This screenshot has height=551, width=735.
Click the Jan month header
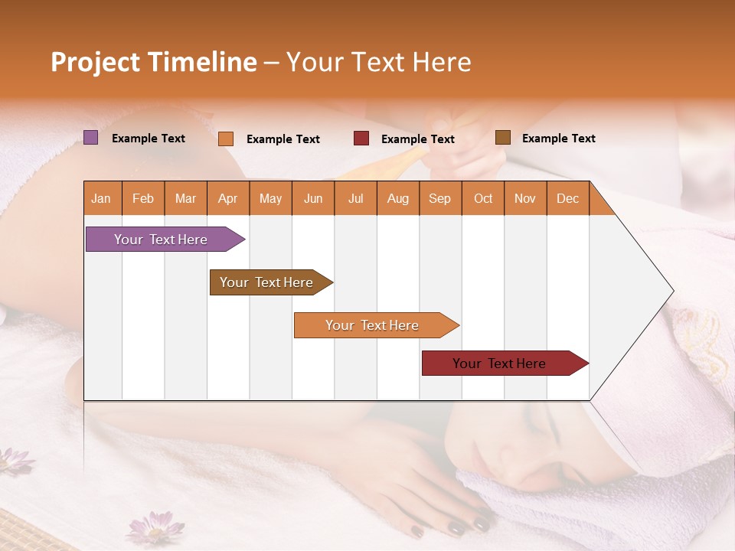tap(101, 198)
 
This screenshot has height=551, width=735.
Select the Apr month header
tap(227, 198)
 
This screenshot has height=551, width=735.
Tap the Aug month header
tap(397, 198)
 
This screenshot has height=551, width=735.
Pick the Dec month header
tap(567, 198)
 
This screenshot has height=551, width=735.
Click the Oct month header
tap(482, 198)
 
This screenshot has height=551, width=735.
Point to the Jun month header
tap(312, 198)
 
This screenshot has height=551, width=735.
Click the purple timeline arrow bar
tap(161, 240)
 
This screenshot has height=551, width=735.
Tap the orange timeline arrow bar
tap(372, 325)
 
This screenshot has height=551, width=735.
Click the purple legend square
tap(90, 138)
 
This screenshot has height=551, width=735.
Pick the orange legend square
tap(225, 139)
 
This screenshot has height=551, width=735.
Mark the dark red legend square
tap(361, 139)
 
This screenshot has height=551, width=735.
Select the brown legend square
tap(502, 138)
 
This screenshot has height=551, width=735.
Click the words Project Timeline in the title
tap(153, 62)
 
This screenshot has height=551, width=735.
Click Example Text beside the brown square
tap(558, 138)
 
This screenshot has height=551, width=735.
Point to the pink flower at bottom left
tap(151, 528)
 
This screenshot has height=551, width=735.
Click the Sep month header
tap(439, 198)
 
